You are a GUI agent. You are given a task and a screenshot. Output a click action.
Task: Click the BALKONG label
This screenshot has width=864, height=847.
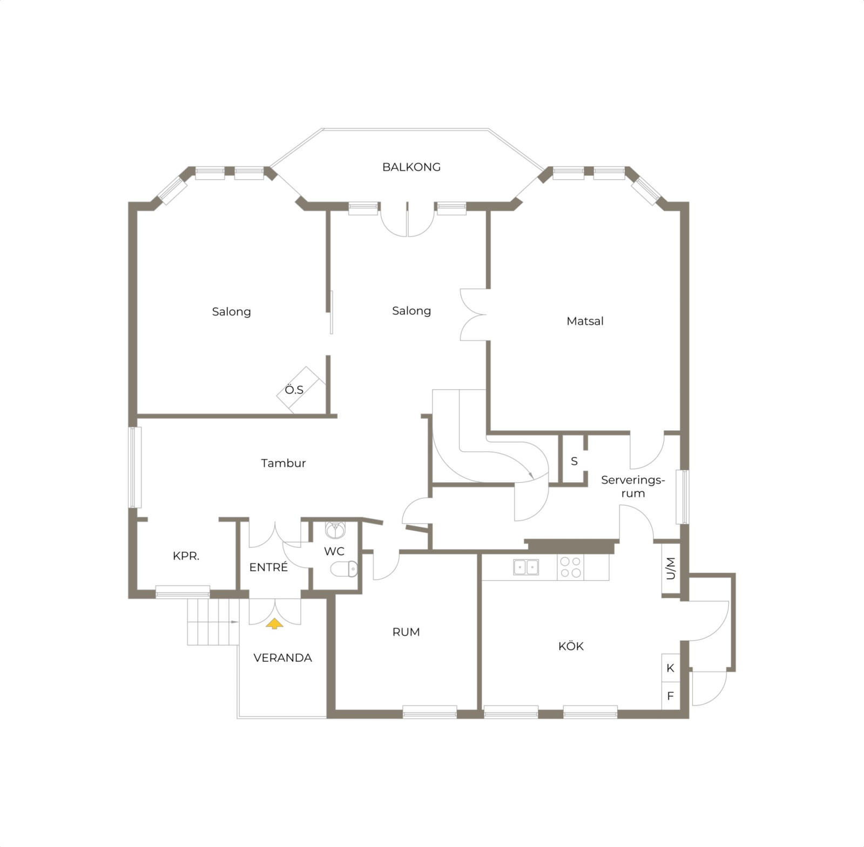[411, 167]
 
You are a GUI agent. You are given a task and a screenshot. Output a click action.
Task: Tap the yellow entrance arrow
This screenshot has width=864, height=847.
[274, 624]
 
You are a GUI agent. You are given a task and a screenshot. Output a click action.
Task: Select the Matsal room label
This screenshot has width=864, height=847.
[585, 321]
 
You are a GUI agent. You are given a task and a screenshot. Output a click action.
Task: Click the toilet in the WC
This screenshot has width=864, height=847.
[344, 568]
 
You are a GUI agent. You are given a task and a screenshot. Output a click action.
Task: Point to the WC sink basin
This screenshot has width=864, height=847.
[335, 530]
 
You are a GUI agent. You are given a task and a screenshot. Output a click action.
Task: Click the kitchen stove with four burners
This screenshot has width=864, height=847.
[571, 567]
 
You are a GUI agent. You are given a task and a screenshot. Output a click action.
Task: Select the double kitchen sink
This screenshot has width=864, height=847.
[526, 567]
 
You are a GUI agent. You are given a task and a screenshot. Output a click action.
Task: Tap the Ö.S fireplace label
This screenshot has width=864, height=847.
[294, 390]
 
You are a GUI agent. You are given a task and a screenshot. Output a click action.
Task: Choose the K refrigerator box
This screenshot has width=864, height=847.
[671, 668]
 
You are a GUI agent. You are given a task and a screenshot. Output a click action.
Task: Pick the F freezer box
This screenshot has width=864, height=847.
[671, 696]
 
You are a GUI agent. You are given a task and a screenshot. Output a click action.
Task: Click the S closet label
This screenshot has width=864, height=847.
[574, 462]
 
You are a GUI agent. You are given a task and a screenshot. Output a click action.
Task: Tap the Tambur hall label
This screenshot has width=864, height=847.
[283, 463]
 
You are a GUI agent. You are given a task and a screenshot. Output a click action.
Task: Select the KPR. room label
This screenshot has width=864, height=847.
[186, 556]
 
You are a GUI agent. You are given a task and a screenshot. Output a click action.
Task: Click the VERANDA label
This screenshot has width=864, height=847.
[282, 658]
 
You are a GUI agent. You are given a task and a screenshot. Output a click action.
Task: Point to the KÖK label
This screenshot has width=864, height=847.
[571, 646]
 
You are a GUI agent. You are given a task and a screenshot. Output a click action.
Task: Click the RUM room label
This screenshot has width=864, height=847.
[406, 632]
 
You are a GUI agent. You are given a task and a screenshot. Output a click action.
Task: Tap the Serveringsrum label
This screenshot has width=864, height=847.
[633, 486]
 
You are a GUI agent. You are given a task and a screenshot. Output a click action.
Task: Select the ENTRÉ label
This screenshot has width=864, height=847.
[268, 567]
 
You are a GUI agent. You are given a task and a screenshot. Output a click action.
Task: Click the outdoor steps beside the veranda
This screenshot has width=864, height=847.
[213, 622]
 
